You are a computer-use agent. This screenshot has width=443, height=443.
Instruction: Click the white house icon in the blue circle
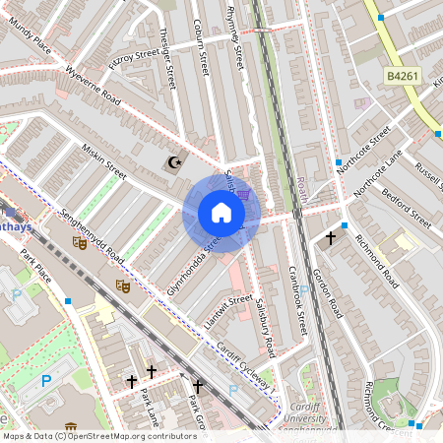pos(221,213)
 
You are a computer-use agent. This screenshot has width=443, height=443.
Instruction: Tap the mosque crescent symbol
pos(176,161)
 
